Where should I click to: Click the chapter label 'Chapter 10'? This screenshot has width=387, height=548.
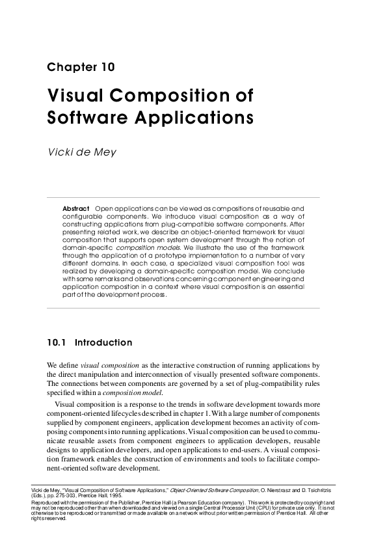81,67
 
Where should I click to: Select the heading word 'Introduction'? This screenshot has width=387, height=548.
103,342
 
